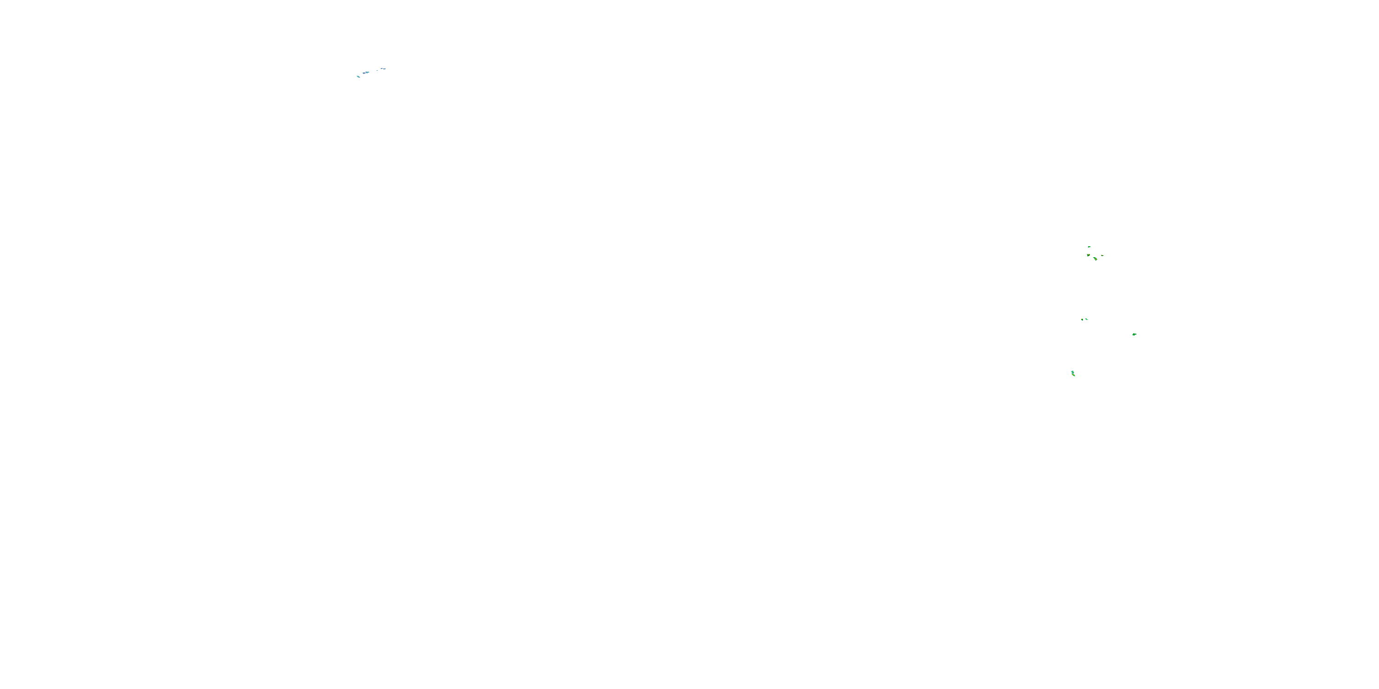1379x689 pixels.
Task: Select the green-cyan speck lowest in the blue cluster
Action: (358, 77)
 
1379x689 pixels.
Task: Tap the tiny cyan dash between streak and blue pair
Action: (377, 70)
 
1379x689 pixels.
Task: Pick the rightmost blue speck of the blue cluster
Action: (384, 68)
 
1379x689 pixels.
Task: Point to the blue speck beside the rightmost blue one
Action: (381, 68)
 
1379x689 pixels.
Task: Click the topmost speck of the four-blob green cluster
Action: (1089, 247)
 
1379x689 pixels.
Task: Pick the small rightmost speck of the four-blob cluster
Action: (1102, 255)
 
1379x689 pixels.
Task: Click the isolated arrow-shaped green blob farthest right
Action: (1134, 334)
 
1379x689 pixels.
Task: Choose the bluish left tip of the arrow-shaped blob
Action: (1132, 335)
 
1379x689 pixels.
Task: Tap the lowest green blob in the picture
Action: (1073, 373)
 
